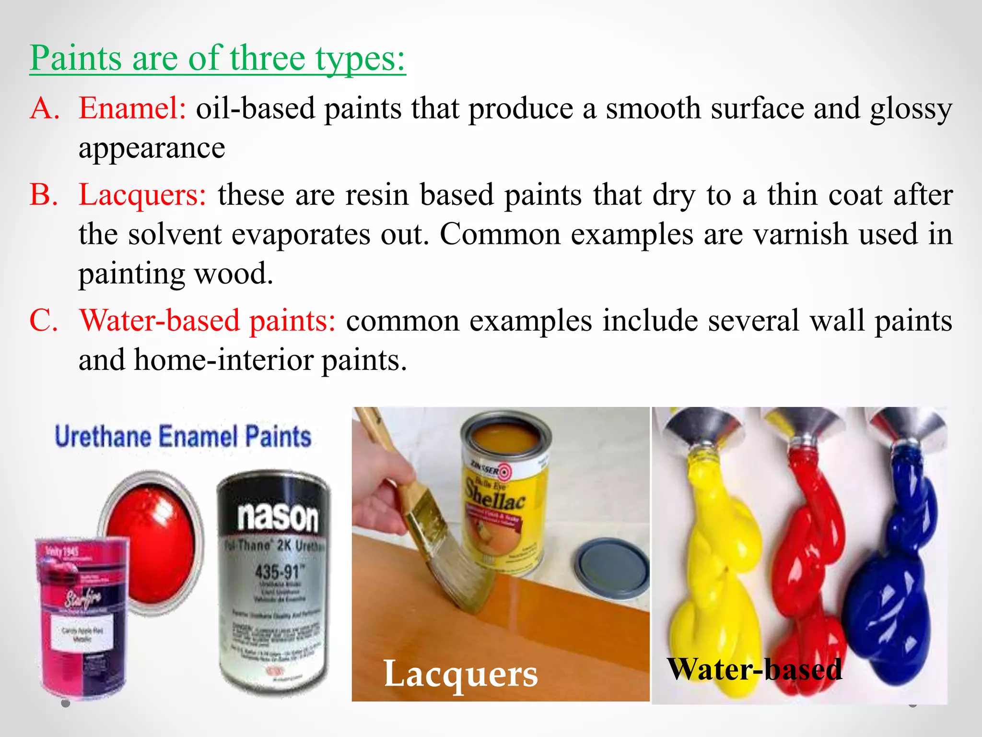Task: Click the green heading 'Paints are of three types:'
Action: pos(218,59)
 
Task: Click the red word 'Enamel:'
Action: pos(132,108)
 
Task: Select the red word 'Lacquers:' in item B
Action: pos(142,195)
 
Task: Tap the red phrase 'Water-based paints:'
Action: pos(207,321)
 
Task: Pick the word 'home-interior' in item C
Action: pos(223,360)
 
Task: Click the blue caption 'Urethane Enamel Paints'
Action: pos(183,436)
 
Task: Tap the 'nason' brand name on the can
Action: pos(278,517)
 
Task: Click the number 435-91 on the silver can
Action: pos(277,571)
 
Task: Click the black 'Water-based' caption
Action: pos(754,669)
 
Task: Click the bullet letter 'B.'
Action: pos(44,195)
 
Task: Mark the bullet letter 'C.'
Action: pos(44,321)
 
